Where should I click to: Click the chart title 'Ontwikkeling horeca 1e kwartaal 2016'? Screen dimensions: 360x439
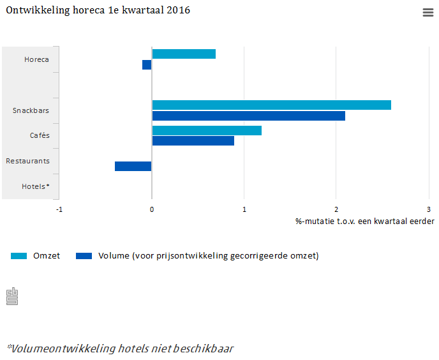tap(98, 11)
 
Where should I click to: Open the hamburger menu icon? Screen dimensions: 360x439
tap(428, 13)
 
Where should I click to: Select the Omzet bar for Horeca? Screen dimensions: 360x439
tap(184, 54)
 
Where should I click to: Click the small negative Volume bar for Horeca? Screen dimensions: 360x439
tap(147, 64)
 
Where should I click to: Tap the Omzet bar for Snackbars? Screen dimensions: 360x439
tap(271, 105)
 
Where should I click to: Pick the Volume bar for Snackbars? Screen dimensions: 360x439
tap(248, 116)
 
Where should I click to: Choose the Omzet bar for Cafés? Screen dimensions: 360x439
tap(207, 130)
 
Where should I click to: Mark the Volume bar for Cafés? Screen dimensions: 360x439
tap(193, 140)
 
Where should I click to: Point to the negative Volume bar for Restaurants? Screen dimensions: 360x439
tap(133, 166)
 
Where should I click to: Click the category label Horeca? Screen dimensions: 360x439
tap(36, 60)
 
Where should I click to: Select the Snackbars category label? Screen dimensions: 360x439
tap(31, 110)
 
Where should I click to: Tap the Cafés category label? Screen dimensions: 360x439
tap(40, 135)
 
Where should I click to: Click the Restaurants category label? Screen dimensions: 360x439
tap(27, 161)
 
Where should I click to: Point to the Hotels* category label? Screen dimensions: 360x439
tap(35, 186)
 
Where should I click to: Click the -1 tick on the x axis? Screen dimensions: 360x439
tap(59, 209)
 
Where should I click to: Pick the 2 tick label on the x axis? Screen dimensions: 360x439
tap(336, 209)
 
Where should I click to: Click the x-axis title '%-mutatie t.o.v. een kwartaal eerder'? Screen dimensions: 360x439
tap(364, 221)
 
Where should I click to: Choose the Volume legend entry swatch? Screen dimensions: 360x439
tap(84, 256)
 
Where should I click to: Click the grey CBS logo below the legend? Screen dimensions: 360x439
tap(11, 296)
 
